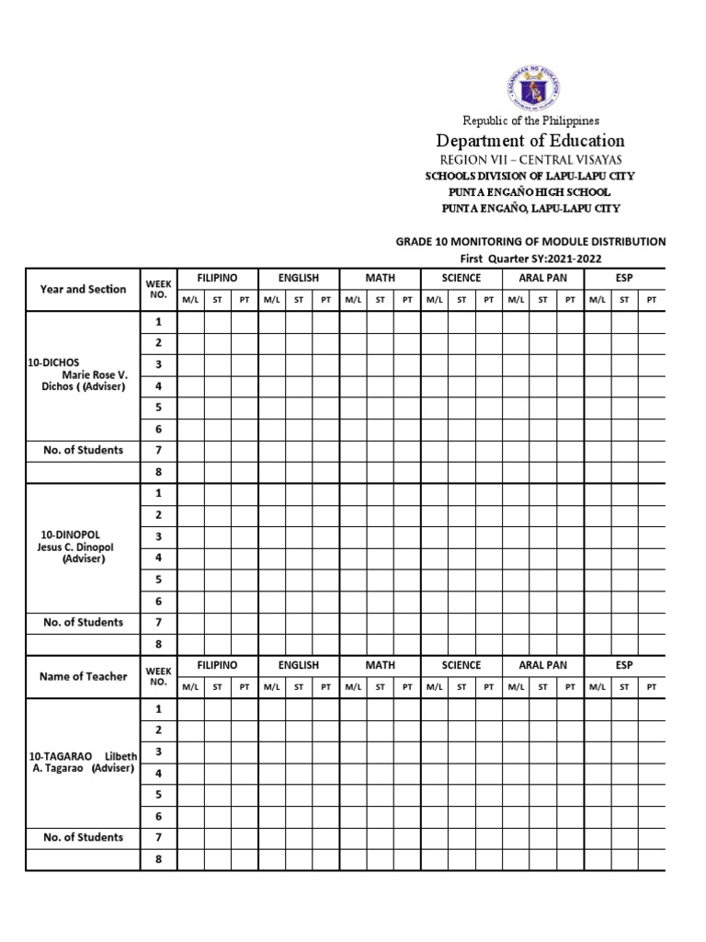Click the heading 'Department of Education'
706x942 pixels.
(530, 141)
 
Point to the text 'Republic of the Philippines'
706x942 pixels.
(530, 121)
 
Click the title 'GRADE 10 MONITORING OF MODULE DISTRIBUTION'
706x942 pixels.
(530, 241)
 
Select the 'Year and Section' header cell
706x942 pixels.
(83, 289)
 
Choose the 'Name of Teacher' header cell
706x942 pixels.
(83, 676)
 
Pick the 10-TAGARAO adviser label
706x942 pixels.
(83, 762)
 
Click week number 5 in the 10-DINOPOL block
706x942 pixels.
(158, 580)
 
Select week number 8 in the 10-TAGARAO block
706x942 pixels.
(158, 859)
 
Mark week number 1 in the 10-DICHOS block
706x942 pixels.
(158, 322)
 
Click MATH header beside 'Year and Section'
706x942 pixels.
(380, 278)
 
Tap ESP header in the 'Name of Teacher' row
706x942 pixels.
(624, 665)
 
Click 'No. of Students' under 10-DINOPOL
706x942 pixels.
(83, 623)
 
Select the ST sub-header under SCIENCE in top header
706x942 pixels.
(461, 299)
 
